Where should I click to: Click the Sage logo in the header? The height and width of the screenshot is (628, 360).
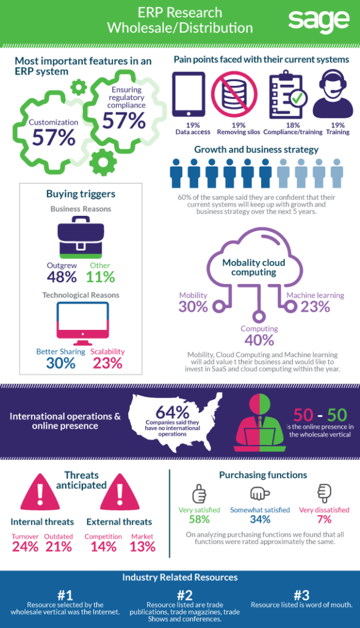point(319,21)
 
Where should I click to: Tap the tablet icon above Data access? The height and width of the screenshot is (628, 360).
point(189,94)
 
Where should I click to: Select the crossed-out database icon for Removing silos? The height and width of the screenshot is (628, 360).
point(234,94)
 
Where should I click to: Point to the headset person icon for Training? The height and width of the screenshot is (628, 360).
point(333,93)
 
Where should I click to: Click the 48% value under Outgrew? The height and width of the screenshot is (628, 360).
point(62,277)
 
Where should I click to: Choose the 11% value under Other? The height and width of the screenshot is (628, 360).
point(100,277)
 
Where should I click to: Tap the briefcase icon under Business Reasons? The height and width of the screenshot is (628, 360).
point(80,238)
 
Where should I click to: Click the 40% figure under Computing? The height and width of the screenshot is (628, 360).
point(259,340)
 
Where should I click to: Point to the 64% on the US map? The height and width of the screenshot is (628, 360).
point(173,412)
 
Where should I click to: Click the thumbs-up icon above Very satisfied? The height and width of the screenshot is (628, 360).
point(199,493)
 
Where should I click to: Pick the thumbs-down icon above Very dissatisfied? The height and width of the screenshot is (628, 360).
point(325,493)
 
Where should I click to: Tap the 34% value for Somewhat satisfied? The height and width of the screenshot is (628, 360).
point(260,519)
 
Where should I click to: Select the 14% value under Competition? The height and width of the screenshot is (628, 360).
point(104,547)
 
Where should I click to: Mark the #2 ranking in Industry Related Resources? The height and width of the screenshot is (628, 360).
point(184,594)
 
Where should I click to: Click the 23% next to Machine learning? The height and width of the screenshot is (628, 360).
point(315,307)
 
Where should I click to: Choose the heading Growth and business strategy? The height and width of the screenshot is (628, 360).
point(256,150)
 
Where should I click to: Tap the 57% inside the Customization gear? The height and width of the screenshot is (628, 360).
point(54,138)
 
